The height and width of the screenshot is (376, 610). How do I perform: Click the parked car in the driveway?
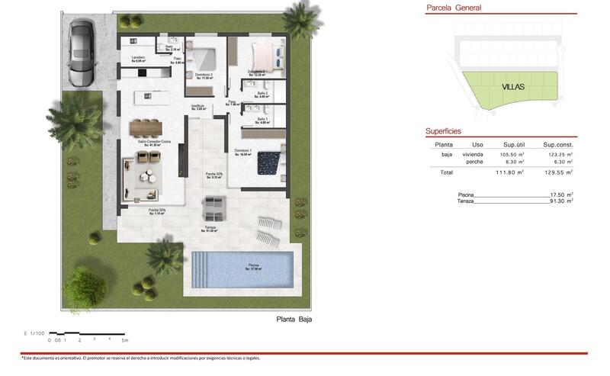tap(81, 53)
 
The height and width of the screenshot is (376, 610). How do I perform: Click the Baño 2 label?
tap(262, 94)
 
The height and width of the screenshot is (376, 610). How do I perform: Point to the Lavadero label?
tap(138, 58)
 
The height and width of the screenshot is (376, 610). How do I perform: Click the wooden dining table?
tap(146, 127)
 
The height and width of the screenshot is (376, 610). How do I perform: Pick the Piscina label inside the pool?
tap(252, 265)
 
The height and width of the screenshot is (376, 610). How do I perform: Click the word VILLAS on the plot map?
tap(513, 87)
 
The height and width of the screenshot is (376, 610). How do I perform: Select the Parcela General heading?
tap(453, 8)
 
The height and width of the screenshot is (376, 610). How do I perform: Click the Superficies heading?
tap(444, 131)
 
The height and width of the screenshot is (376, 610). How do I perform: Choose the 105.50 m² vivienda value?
tap(512, 154)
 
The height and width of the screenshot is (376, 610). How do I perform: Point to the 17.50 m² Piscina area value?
tap(560, 194)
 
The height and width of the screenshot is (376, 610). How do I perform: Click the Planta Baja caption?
tap(294, 320)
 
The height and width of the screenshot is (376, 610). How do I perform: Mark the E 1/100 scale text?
tap(35, 333)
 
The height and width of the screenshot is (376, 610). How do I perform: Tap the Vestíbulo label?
tap(197, 108)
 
